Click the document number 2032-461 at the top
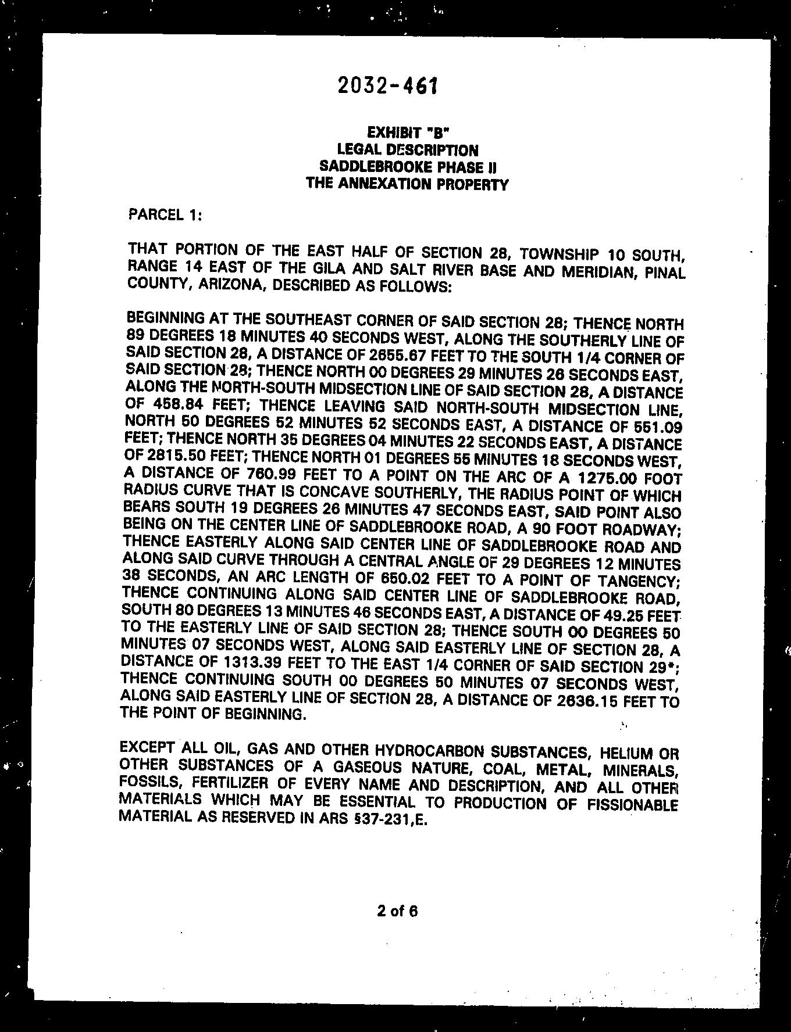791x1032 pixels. tap(387, 86)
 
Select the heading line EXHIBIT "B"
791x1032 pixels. tap(407, 133)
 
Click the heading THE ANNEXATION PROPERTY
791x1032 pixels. tap(407, 184)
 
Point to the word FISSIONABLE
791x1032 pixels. tap(630, 805)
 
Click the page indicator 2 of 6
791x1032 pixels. tap(397, 911)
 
